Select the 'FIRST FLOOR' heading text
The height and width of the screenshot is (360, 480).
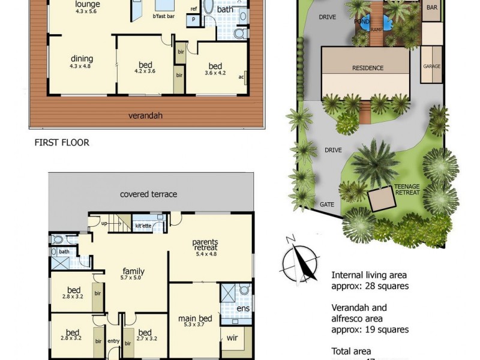(62, 143)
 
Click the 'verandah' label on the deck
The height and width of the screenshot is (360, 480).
(146, 115)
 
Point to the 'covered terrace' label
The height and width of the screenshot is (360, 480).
(148, 194)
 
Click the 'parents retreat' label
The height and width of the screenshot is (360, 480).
(205, 245)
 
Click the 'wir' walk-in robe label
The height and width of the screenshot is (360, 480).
(232, 338)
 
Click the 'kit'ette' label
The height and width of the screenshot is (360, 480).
(143, 226)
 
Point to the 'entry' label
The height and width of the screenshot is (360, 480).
(113, 341)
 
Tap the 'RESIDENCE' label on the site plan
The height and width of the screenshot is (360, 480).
(367, 68)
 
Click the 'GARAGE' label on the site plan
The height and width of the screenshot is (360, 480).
(431, 66)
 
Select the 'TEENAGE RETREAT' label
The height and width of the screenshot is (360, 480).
(407, 190)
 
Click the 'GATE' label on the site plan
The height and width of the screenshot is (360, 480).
(326, 205)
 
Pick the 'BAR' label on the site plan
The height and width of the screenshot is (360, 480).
(431, 8)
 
